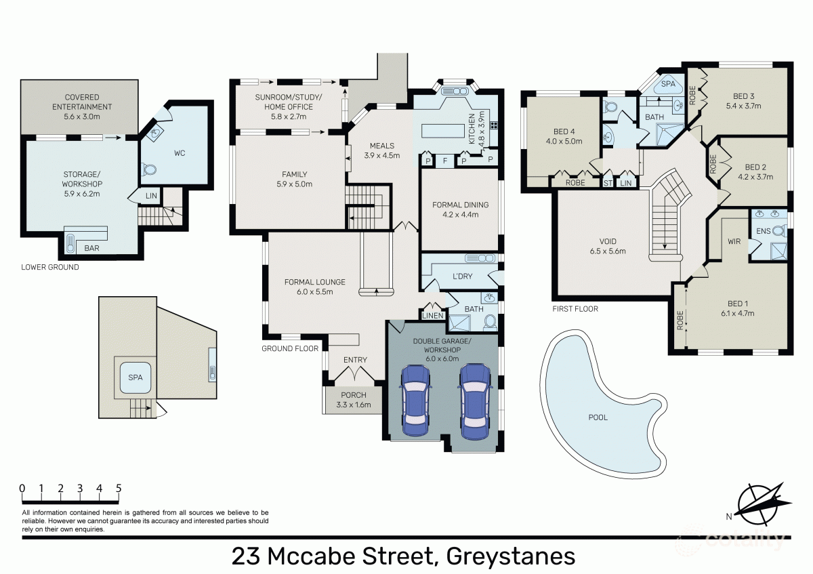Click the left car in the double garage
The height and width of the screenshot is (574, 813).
pyautogui.click(x=415, y=401)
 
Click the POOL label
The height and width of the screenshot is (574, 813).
pyautogui.click(x=598, y=417)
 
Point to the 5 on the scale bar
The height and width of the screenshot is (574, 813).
pyautogui.click(x=119, y=488)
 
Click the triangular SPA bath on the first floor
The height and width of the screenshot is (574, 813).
pyautogui.click(x=668, y=85)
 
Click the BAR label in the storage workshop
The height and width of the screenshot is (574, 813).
pyautogui.click(x=91, y=249)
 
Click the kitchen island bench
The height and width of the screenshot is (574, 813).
pyautogui.click(x=447, y=131)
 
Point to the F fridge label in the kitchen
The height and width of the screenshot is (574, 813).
pyautogui.click(x=445, y=161)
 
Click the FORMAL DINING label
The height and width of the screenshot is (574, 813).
pyautogui.click(x=460, y=205)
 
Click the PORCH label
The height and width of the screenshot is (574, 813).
pyautogui.click(x=353, y=395)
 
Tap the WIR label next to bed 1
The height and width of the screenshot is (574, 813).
pyautogui.click(x=733, y=241)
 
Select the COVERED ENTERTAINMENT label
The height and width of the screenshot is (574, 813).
pyautogui.click(x=79, y=102)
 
